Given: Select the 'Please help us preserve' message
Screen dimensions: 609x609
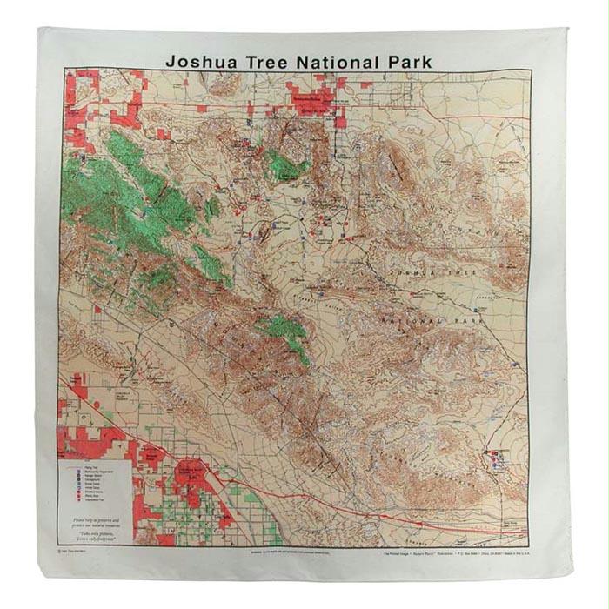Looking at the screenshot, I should click(x=96, y=521).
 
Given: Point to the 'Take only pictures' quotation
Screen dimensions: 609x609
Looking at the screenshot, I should click(x=96, y=533).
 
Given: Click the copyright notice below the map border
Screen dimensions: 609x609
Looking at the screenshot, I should click(x=84, y=551).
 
